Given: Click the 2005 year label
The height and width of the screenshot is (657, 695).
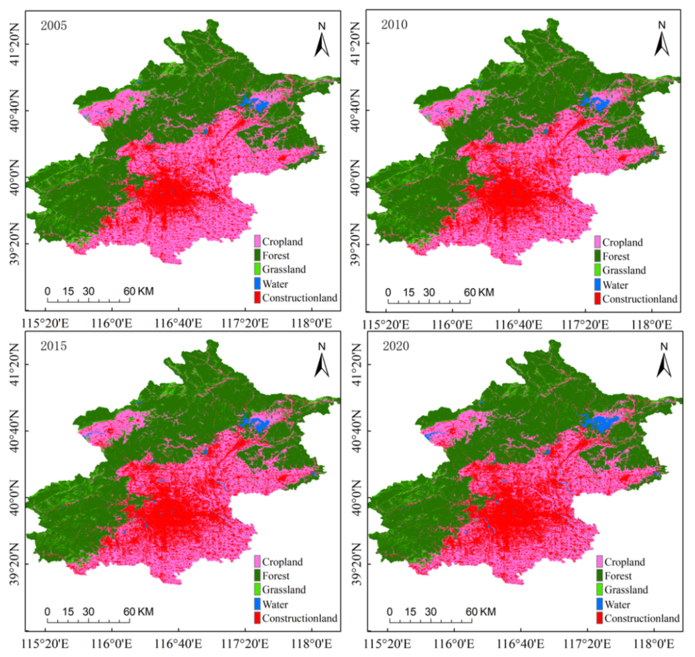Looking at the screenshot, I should [x=53, y=26].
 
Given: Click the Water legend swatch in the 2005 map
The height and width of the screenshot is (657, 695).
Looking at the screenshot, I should [x=257, y=284].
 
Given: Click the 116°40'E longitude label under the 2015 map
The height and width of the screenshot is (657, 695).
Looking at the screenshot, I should [x=178, y=644].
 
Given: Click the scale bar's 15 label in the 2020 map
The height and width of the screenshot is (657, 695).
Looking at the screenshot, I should [x=410, y=612].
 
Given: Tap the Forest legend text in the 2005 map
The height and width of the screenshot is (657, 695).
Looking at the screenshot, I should [x=276, y=256].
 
